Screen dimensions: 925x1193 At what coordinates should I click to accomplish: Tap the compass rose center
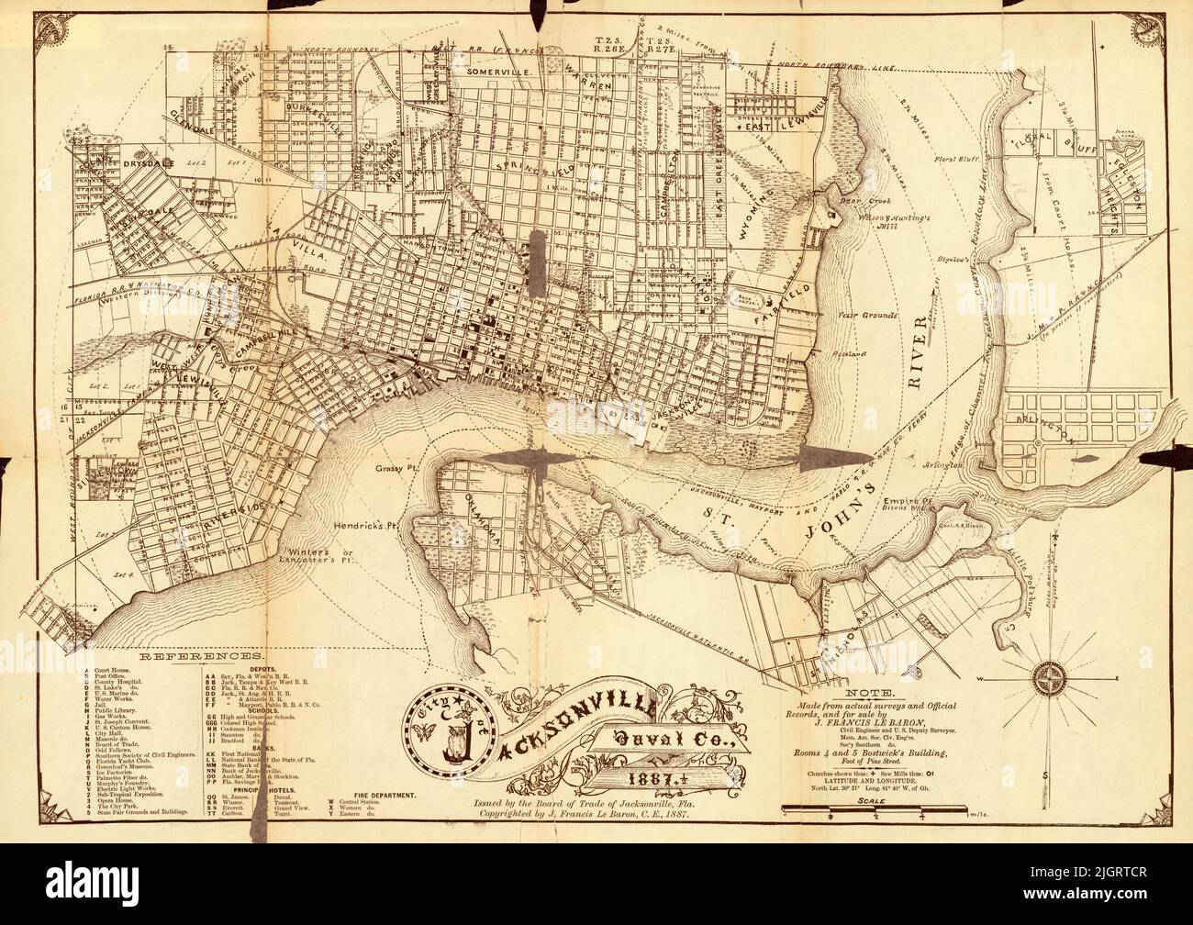(1048, 680)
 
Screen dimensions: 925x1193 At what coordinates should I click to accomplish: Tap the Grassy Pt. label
(397, 467)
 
